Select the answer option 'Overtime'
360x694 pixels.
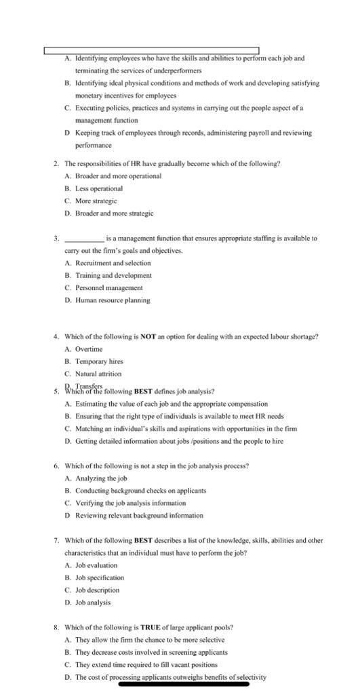point(88,349)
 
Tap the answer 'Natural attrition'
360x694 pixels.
point(98,373)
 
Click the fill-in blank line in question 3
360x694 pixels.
point(84,239)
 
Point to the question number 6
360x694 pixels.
point(55,466)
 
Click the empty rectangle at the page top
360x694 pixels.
point(151,51)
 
